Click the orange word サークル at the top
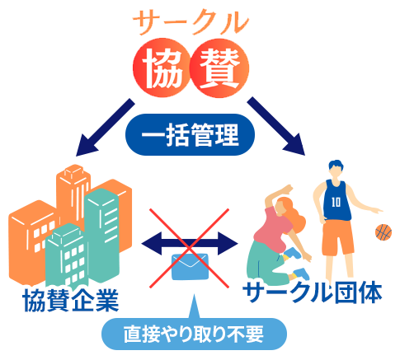coord(191,22)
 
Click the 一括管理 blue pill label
coord(190,134)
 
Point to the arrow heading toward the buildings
coord(105,128)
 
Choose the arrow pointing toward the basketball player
coord(276,126)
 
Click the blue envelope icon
coord(190,267)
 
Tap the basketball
coord(384,232)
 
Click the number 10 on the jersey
coord(336,203)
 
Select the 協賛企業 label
coord(71,301)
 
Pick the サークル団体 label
coord(313,292)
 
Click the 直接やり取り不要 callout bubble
coord(194,334)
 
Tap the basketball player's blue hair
coord(336,166)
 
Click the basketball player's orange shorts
coord(337,237)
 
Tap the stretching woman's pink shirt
coord(272,227)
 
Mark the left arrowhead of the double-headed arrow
coord(151,243)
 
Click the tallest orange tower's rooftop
coord(73,171)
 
